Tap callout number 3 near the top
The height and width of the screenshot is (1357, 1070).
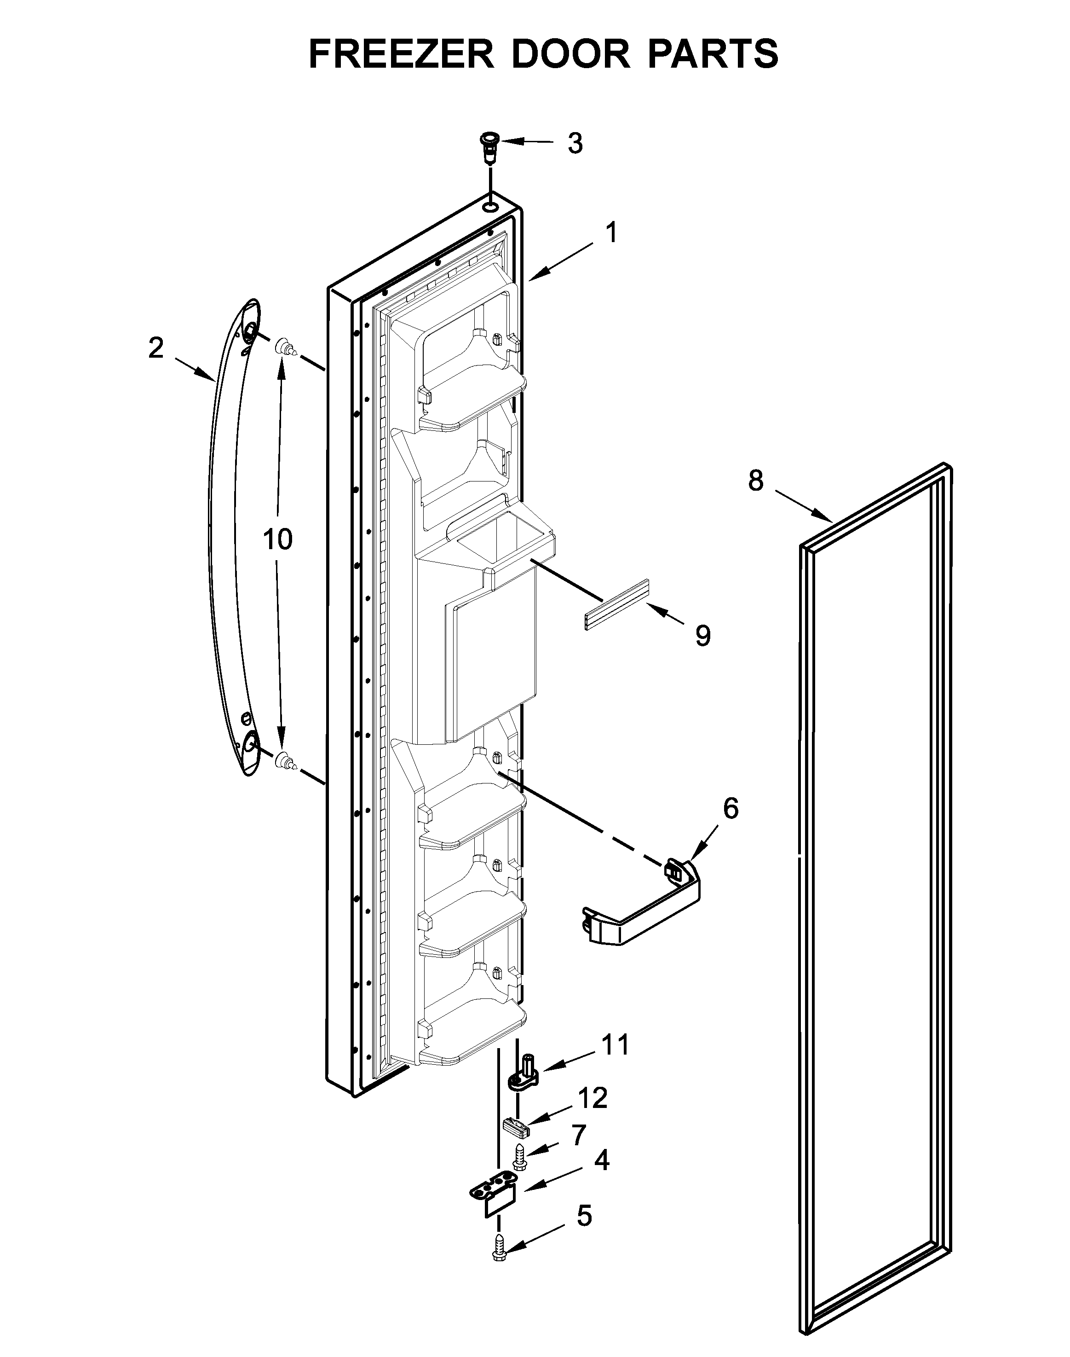click(x=575, y=144)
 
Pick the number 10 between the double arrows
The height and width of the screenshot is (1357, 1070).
click(x=277, y=539)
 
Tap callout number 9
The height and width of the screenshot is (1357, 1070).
click(x=703, y=636)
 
